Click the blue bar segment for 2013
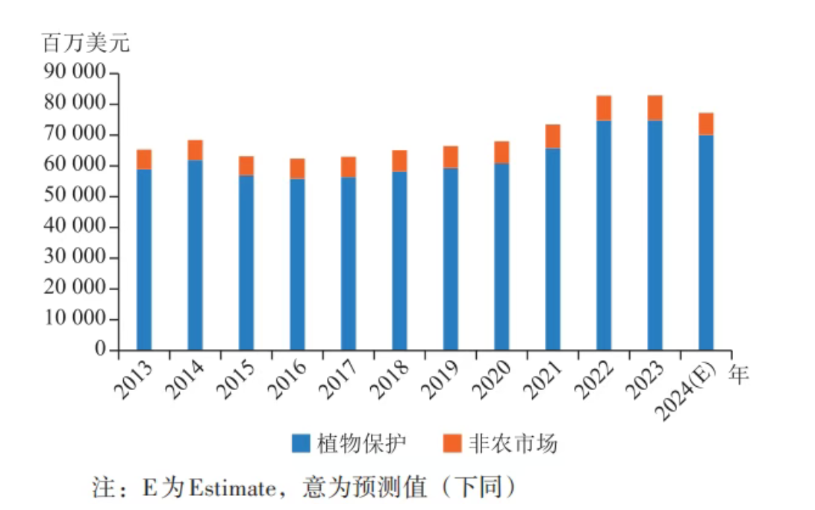(144, 259)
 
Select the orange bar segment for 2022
(604, 108)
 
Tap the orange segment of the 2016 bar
(297, 169)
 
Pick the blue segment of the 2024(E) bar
(706, 242)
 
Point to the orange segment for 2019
(450, 157)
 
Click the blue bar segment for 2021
(552, 249)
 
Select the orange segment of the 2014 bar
(195, 150)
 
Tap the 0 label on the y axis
(102, 349)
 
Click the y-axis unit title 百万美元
(86, 42)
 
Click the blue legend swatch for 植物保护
(301, 444)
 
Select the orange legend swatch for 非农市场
(452, 444)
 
